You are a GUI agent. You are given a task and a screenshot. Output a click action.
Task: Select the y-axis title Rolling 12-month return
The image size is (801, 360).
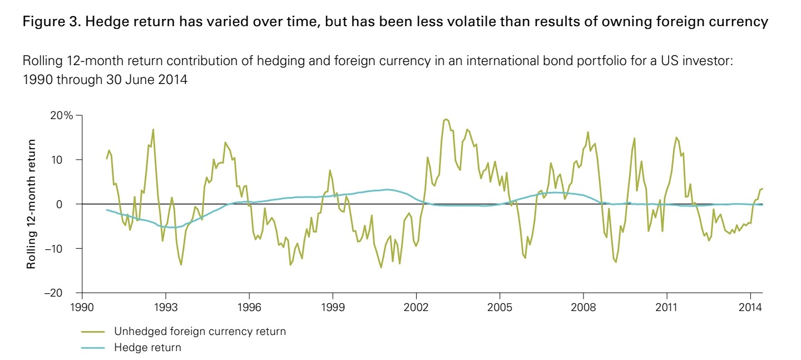(31, 204)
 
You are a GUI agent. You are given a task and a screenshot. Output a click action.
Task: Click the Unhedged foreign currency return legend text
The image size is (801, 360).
(200, 332)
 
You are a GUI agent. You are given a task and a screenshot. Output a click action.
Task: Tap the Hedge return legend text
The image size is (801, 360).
(147, 348)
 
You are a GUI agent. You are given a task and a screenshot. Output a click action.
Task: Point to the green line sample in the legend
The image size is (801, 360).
(93, 332)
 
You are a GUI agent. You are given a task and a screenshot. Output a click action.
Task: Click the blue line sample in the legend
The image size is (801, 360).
(93, 348)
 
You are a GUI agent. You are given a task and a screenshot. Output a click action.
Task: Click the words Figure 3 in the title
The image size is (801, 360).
(44, 23)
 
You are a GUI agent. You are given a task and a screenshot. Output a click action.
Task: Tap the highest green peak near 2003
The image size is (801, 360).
(446, 119)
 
